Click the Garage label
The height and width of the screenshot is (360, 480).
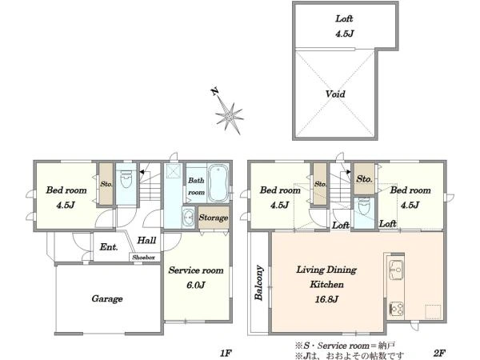[107, 298]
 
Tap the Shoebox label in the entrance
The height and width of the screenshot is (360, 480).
[143, 258]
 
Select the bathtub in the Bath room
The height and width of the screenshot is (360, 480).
[218, 183]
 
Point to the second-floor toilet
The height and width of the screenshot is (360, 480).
[364, 207]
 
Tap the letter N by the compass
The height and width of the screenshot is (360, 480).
[215, 91]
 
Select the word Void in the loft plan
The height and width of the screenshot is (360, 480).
[335, 94]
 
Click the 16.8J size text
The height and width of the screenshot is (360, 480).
[326, 299]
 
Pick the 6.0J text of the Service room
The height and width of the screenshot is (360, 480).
[196, 286]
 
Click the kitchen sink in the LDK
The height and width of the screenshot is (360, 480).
[395, 270]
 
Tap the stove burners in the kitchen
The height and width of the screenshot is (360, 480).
[397, 309]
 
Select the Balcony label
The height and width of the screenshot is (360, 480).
[259, 283]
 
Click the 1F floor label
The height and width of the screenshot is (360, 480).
[226, 353]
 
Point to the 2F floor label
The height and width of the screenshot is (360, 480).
[439, 353]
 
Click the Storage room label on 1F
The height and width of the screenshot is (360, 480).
[214, 218]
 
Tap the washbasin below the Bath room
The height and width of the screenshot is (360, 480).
[188, 217]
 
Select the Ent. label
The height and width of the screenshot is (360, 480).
[109, 246]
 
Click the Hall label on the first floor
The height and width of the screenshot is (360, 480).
[146, 240]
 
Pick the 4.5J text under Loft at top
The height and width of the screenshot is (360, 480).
[344, 34]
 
